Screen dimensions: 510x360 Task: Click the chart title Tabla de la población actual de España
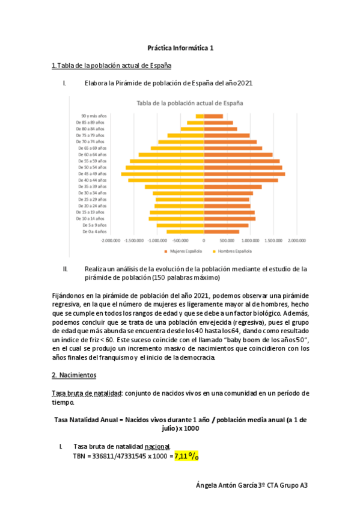click(191, 103)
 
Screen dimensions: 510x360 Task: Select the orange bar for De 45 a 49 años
click(245, 174)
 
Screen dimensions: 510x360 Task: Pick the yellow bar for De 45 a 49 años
click(163, 174)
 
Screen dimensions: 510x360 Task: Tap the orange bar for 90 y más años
click(213, 116)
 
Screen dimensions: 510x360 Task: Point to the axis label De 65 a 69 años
click(91, 148)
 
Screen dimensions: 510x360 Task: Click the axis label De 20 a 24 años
click(91, 206)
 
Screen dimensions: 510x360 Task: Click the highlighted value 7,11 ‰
click(187, 456)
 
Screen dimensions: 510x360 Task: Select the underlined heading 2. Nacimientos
click(74, 375)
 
